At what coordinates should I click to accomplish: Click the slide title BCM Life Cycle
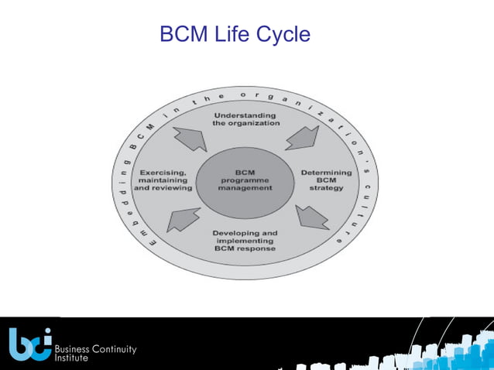(x=235, y=35)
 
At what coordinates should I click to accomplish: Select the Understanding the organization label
(x=246, y=119)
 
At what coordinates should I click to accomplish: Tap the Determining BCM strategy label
(x=326, y=180)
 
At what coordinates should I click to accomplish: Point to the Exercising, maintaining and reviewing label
(x=162, y=180)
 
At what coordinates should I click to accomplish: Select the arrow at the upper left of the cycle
(x=190, y=139)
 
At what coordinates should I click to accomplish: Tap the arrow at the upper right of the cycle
(x=300, y=136)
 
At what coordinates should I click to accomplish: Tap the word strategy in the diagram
(x=327, y=188)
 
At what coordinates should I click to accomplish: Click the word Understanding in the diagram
(x=246, y=115)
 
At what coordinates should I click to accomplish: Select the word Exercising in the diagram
(x=162, y=172)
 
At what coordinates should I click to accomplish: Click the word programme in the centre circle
(x=245, y=180)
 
